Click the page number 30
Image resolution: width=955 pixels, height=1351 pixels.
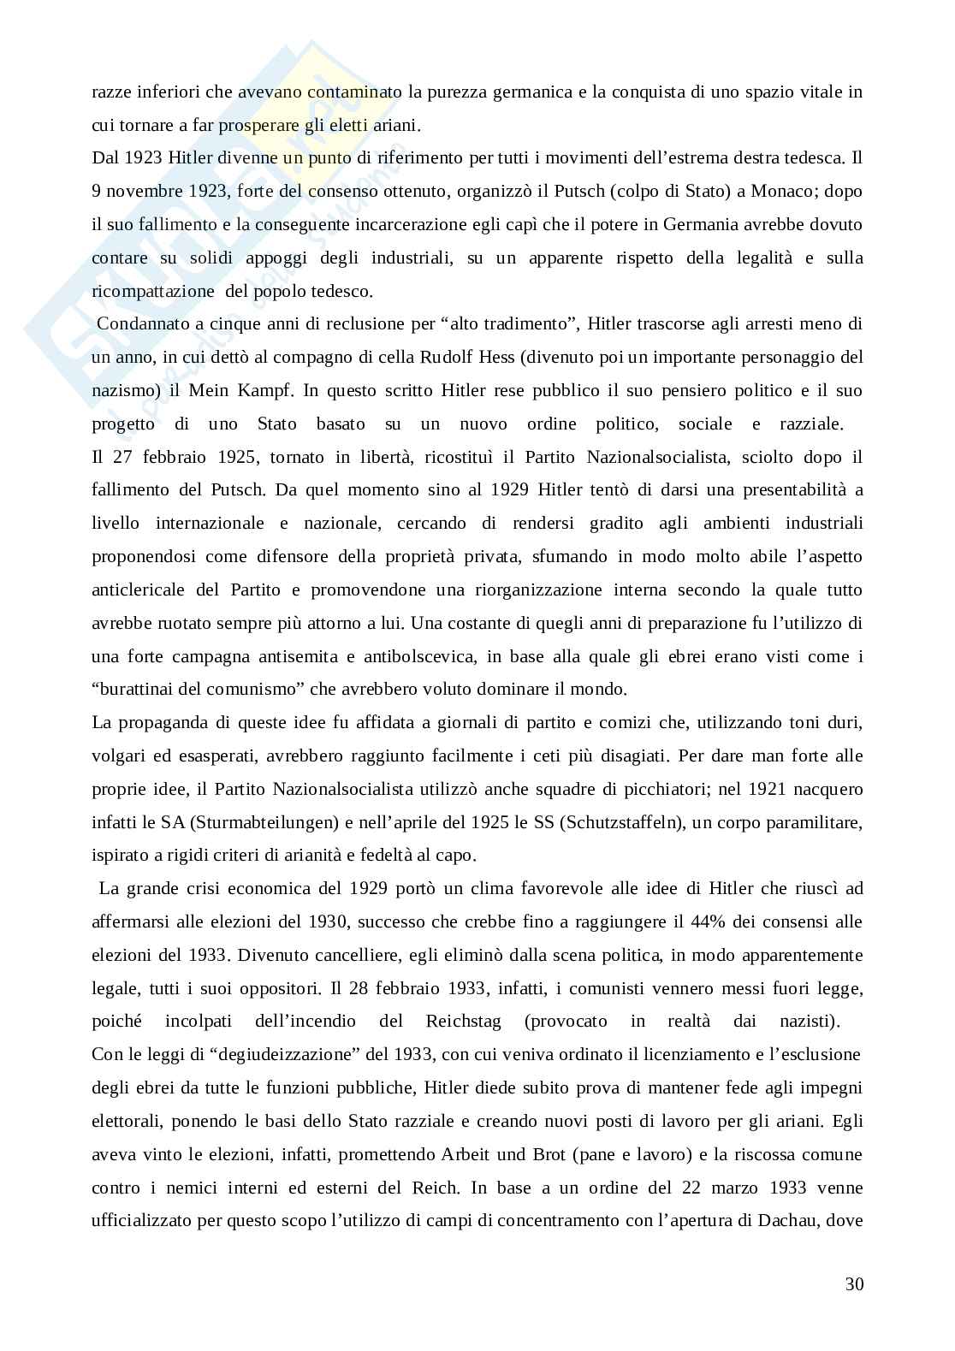click(853, 1284)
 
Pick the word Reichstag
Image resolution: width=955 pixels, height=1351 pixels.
click(463, 1021)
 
